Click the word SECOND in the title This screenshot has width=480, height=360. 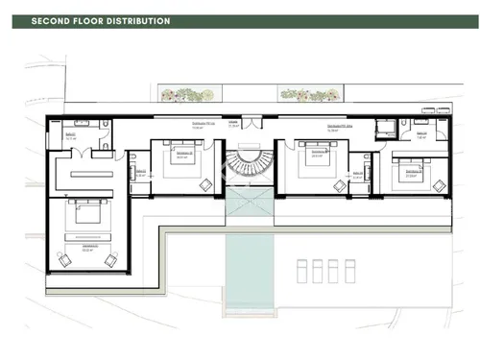(53, 21)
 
